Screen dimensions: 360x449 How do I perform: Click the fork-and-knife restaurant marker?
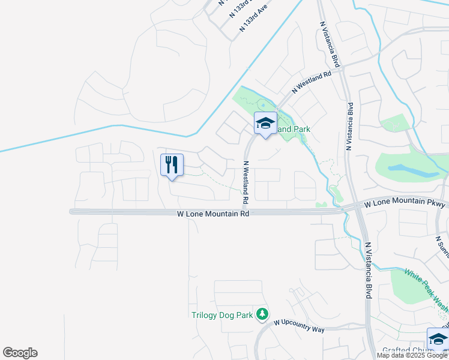[172, 165]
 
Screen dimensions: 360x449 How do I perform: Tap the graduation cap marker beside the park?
[265, 124]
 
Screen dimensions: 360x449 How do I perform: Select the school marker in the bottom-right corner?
[438, 340]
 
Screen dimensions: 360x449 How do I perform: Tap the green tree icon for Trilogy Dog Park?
[262, 314]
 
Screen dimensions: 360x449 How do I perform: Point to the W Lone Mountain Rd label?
[213, 214]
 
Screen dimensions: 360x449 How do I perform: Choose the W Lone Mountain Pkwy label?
[406, 205]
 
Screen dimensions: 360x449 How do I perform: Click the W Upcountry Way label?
[299, 322]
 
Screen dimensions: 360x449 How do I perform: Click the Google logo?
[20, 353]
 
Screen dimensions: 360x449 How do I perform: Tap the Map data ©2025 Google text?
[412, 355]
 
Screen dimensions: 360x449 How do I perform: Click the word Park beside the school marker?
[301, 129]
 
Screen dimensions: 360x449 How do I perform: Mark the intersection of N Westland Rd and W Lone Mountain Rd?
[246, 211]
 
